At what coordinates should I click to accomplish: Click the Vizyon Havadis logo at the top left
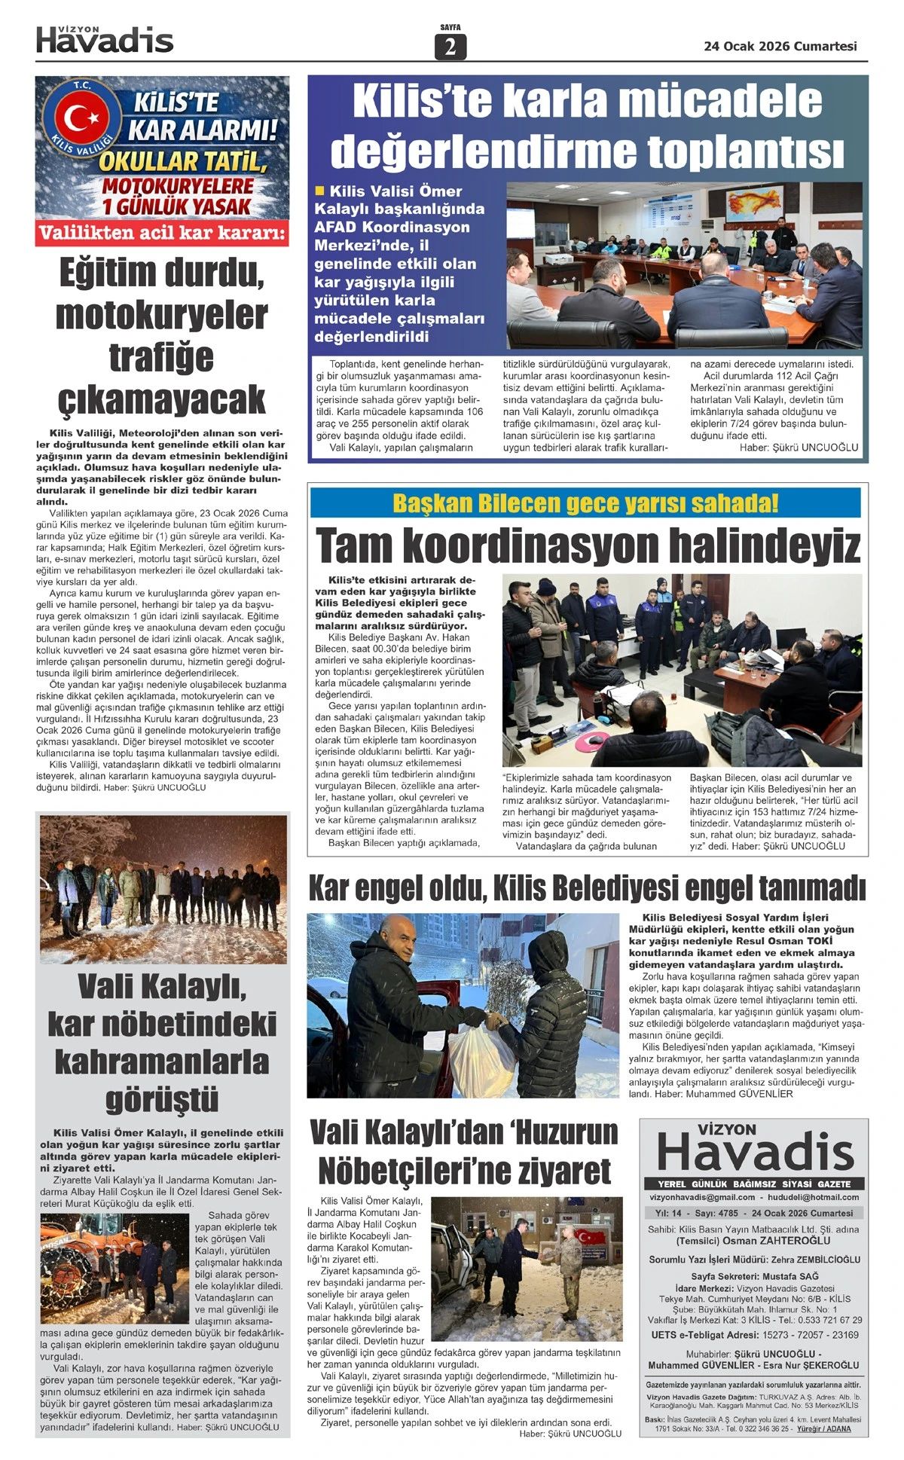(x=105, y=40)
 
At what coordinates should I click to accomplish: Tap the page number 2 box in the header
(x=450, y=47)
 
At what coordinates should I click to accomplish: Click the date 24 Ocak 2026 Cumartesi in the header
(x=780, y=46)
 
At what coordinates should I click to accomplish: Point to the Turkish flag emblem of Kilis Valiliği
(x=77, y=117)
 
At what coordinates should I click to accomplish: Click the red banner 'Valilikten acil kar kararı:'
(x=162, y=234)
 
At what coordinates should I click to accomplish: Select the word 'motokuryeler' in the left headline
(x=162, y=315)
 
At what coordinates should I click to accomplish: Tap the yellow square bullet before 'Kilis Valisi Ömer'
(x=320, y=191)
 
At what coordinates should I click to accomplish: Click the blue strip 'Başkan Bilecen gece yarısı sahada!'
(x=585, y=503)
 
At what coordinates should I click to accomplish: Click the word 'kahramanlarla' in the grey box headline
(x=162, y=1061)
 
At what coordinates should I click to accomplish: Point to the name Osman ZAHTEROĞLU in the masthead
(x=777, y=1240)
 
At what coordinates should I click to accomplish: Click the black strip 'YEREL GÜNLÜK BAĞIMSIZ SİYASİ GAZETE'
(x=753, y=1184)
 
